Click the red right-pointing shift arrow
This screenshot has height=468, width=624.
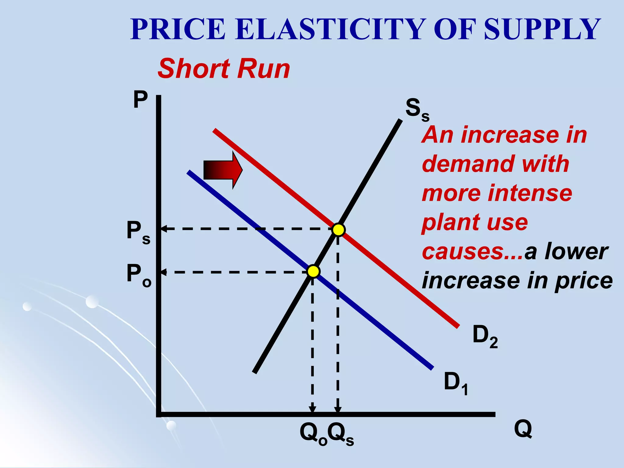pyautogui.click(x=223, y=170)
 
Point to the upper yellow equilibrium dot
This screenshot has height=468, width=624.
pyautogui.click(x=338, y=229)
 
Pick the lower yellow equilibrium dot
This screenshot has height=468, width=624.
pyautogui.click(x=313, y=271)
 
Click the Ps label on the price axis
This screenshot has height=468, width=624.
pyautogui.click(x=138, y=232)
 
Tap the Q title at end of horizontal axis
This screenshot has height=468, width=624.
pyautogui.click(x=523, y=429)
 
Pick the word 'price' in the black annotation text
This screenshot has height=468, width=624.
pyautogui.click(x=583, y=281)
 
